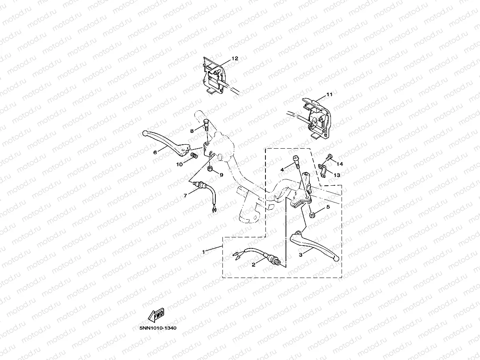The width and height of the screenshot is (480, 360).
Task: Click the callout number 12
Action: pyautogui.click(x=235, y=58)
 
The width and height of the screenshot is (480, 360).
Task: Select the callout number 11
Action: pyautogui.click(x=329, y=95)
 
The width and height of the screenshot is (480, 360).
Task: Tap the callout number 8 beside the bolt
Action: pyautogui.click(x=192, y=131)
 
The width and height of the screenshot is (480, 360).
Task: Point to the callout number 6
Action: pyautogui.click(x=155, y=151)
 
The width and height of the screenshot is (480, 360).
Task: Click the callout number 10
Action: pyautogui.click(x=179, y=164)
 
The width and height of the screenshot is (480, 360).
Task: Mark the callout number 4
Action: pyautogui.click(x=282, y=170)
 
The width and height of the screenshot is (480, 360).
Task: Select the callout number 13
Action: pyautogui.click(x=337, y=174)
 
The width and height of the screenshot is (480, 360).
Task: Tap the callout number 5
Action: pyautogui.click(x=328, y=207)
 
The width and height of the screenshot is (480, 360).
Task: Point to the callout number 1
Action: pyautogui.click(x=204, y=251)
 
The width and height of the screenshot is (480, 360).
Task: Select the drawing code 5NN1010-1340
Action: pyautogui.click(x=158, y=328)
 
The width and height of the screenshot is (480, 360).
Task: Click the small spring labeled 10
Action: pyautogui.click(x=194, y=157)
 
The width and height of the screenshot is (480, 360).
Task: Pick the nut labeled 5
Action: pyautogui.click(x=312, y=214)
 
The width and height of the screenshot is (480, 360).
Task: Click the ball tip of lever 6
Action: pyautogui.click(x=145, y=133)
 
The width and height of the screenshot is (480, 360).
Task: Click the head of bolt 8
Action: pyautogui.click(x=206, y=121)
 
